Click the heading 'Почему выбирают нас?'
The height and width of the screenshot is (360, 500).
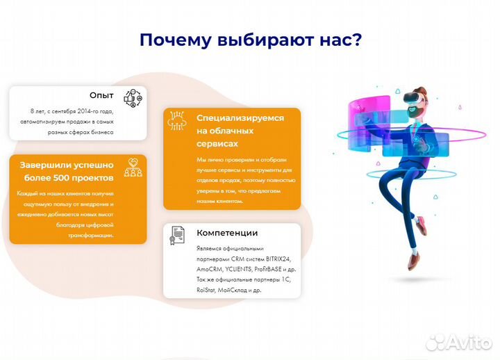tap(250, 39)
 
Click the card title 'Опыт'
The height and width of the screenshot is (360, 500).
tap(101, 95)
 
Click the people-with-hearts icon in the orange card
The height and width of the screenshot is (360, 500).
tap(132, 167)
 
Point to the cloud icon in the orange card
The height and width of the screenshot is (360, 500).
tap(177, 122)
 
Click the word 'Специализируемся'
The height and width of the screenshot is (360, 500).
tap(240, 118)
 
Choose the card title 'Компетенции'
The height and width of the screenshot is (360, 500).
tap(227, 233)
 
